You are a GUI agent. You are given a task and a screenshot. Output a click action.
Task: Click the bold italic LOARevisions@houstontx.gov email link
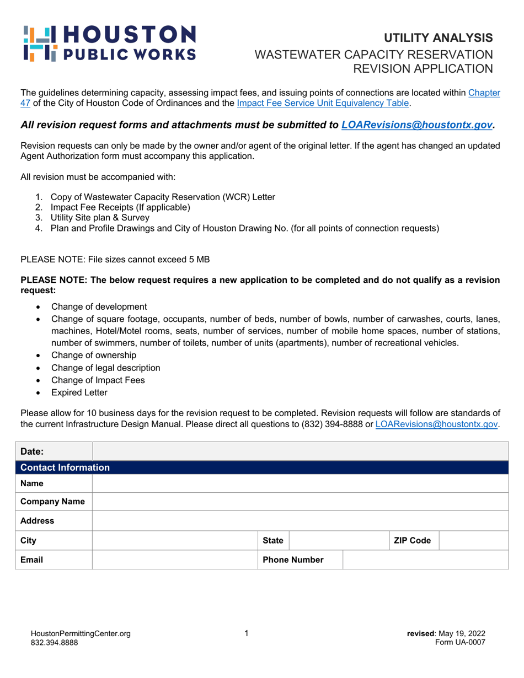tap(416, 126)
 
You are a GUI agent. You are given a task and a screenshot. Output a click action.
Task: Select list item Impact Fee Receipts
tap(120, 207)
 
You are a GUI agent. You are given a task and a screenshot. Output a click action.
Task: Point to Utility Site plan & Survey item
tap(100, 218)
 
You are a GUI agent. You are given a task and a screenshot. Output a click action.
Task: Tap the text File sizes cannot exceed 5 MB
tap(114, 259)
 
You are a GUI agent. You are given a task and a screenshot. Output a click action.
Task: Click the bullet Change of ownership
tap(94, 355)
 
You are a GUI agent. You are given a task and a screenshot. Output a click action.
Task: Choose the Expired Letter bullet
tap(79, 392)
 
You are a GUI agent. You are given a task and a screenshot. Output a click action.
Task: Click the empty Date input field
tap(300, 451)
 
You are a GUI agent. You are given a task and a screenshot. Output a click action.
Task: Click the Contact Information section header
tap(65, 468)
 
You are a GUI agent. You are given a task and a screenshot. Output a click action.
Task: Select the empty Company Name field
tap(300, 502)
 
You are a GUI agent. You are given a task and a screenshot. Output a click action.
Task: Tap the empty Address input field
tap(300, 521)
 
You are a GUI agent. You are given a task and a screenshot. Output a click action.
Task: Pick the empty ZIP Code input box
tap(473, 541)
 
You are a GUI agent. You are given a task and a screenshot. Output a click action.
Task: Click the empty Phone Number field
tap(425, 560)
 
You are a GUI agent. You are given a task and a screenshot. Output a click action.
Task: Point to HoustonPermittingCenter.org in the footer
tap(81, 634)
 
